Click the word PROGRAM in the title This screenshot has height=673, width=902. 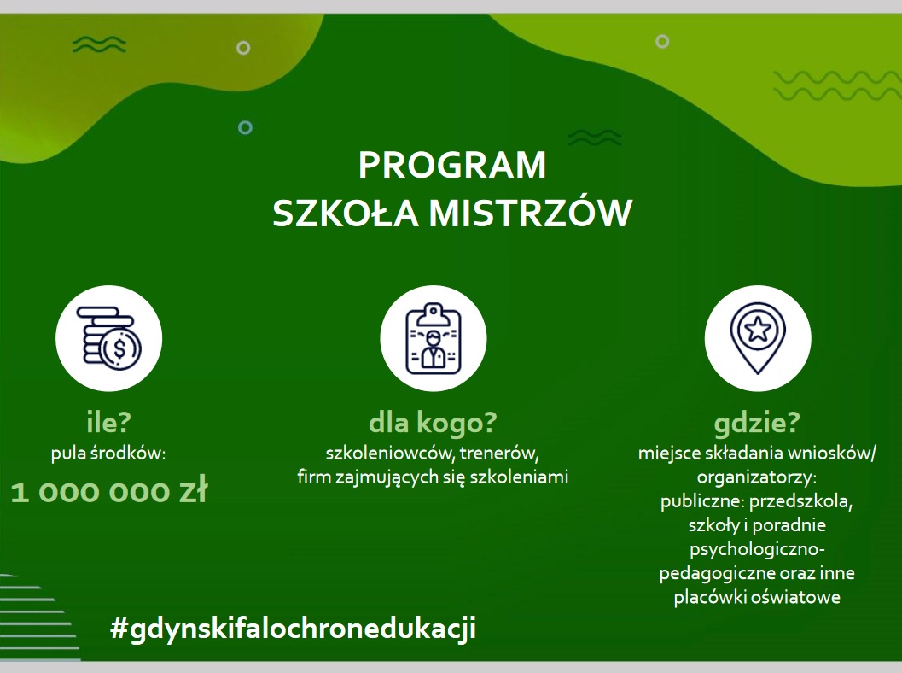point(452,165)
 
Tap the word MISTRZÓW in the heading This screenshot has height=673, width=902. point(531,213)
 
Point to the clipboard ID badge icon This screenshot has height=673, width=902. point(434,338)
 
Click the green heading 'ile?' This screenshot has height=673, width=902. point(108,422)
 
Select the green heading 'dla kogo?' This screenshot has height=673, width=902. point(433,423)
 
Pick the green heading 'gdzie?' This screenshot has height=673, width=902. point(757,423)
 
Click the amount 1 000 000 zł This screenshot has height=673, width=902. point(108,492)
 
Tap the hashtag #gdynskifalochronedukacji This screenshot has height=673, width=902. point(293,628)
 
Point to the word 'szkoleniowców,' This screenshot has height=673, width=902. point(390,454)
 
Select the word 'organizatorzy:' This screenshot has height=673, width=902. point(757,477)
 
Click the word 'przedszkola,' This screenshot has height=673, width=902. point(800,501)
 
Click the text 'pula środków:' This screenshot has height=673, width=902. point(108,454)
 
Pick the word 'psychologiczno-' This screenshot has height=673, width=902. point(757,550)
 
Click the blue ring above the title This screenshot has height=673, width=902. point(245,127)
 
